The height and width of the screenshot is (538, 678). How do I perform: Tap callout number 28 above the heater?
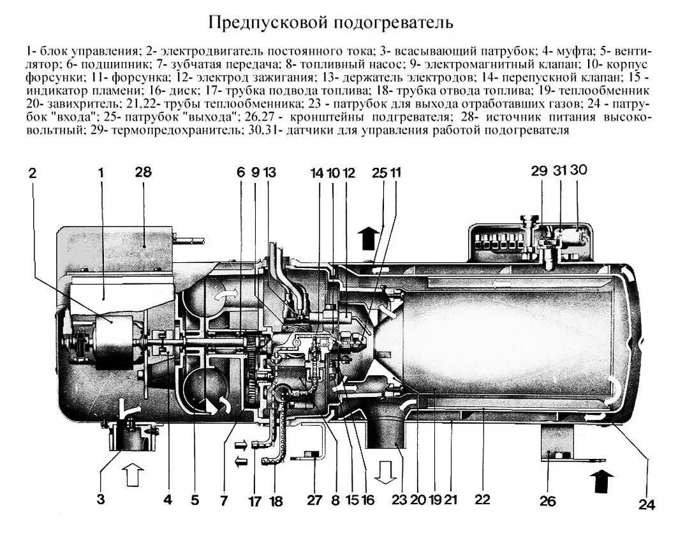click(143, 172)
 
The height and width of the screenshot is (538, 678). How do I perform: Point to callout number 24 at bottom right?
click(646, 504)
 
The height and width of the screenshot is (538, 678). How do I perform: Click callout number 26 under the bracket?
click(547, 500)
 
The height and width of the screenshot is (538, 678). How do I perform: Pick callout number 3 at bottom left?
click(100, 500)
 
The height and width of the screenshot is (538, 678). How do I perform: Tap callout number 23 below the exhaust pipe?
click(399, 500)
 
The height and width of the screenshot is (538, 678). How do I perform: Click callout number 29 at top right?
click(540, 171)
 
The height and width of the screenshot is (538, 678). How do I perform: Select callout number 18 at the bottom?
click(276, 501)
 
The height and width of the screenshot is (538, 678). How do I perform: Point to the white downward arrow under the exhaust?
click(385, 473)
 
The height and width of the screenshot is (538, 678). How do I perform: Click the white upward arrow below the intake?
click(133, 475)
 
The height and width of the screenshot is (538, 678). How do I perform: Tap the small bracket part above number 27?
click(313, 455)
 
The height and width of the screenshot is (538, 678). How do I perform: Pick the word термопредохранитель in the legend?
click(166, 131)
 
